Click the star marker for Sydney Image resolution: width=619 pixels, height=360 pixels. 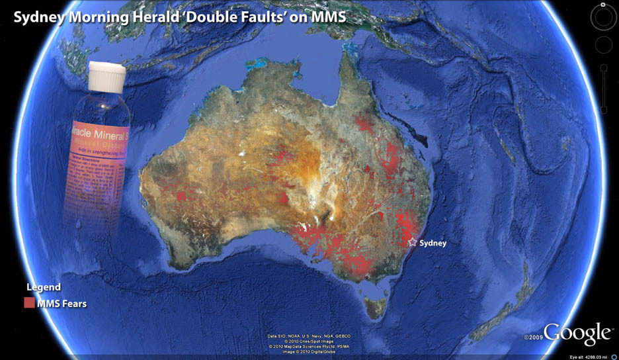tap(413, 242)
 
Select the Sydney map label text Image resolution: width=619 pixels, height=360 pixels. tap(433, 243)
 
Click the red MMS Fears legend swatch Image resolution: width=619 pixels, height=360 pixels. tap(29, 303)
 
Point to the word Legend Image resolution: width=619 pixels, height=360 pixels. tap(44, 287)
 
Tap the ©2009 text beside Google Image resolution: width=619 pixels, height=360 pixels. tap(533, 337)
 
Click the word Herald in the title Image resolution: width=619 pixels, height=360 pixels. tap(149, 15)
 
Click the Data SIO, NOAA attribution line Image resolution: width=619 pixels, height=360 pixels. tap(309, 336)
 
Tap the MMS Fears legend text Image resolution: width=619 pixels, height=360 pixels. tap(62, 304)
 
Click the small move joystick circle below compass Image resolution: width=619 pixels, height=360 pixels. tap(603, 45)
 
